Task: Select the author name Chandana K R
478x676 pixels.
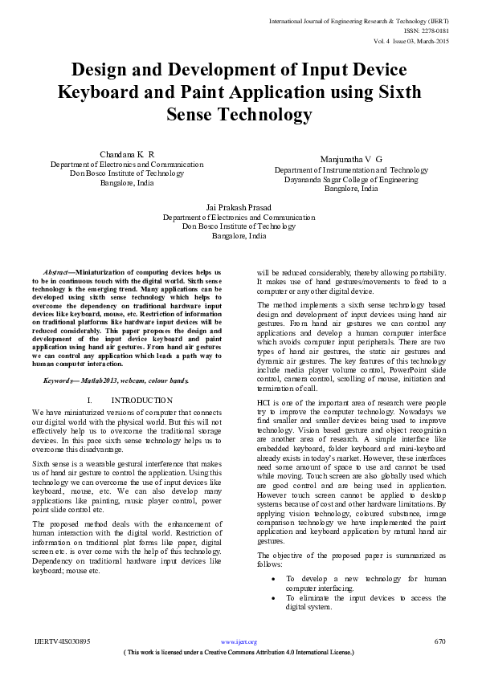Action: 127,153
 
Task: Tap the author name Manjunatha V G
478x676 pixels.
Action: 351,161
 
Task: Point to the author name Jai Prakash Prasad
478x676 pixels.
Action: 239,207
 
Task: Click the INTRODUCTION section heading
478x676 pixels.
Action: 141,400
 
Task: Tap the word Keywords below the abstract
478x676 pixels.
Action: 60,380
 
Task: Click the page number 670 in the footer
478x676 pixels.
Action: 439,641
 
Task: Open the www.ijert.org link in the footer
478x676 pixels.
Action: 239,641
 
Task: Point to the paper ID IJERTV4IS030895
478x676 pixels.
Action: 63,641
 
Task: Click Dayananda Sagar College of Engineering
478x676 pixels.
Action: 351,180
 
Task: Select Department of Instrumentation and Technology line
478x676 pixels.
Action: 351,170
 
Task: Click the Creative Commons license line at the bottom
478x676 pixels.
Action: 239,653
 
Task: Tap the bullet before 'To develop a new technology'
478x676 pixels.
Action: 275,578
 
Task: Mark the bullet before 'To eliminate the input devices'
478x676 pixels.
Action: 275,598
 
